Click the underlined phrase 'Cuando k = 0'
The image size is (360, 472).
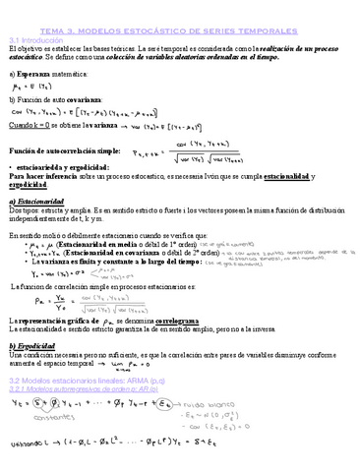pyautogui.click(x=30, y=127)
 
